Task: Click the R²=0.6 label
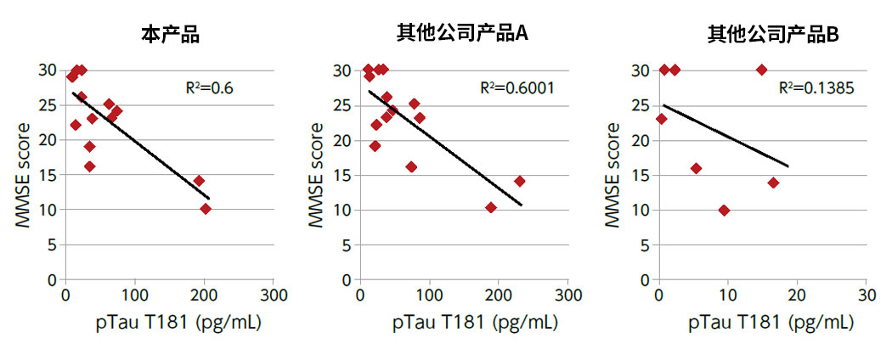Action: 209,87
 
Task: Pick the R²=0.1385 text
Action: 816,87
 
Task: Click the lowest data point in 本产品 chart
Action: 205,209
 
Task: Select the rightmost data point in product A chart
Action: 519,181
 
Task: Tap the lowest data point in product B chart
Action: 724,210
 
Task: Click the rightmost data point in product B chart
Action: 773,183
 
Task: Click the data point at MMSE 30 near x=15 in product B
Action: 761,70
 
